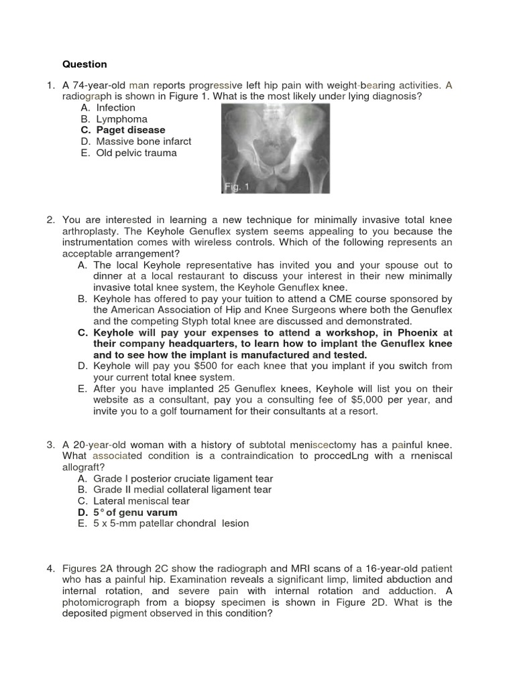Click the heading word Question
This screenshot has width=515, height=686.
84,64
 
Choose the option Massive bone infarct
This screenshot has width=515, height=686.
144,141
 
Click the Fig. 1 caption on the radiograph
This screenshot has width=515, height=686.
237,188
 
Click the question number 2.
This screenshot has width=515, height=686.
50,220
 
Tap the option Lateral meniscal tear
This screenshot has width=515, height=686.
143,501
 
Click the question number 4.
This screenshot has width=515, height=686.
50,568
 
